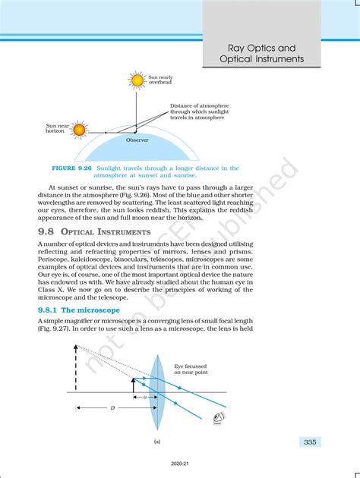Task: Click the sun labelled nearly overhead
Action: pyautogui.click(x=137, y=80)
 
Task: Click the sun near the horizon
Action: pyautogui.click(x=79, y=130)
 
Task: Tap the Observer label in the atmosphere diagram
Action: pyautogui.click(x=137, y=140)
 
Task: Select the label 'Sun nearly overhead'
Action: pyautogui.click(x=160, y=80)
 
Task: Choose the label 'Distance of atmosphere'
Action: pyautogui.click(x=199, y=105)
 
